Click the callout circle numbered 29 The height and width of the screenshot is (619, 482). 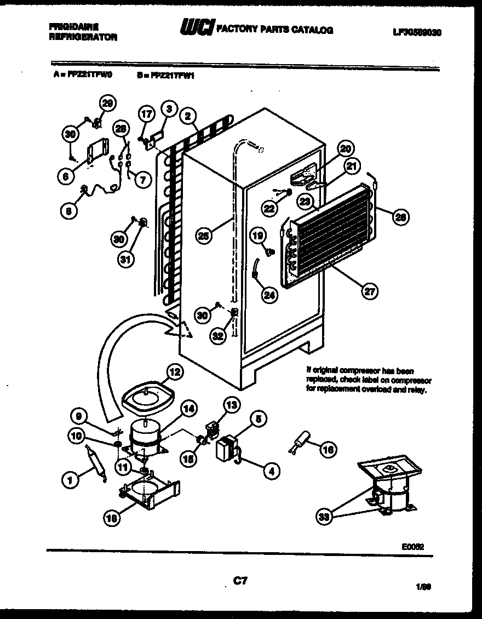point(107,103)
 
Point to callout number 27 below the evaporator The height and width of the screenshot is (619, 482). point(370,292)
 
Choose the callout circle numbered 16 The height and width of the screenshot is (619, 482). point(328,450)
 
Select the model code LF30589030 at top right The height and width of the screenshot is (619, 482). point(417,32)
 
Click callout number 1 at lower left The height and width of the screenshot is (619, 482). point(70,481)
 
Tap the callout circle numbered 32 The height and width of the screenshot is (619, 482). point(219,337)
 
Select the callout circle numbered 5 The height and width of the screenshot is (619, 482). point(259,420)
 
